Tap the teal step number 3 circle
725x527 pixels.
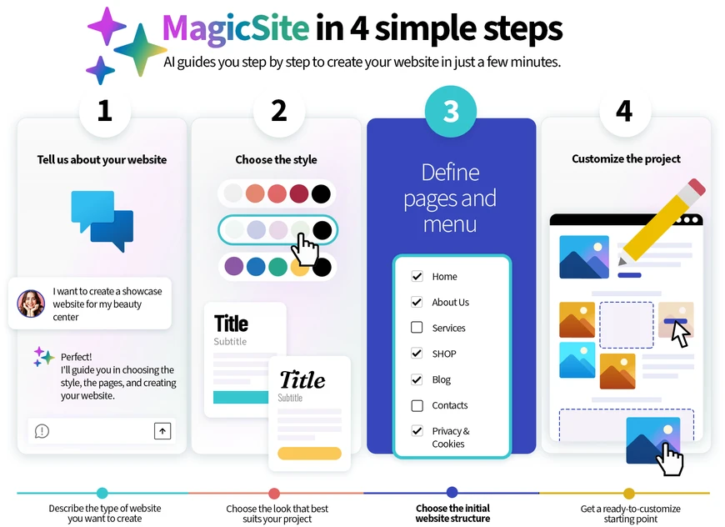[x=450, y=111]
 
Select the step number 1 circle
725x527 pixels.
[x=105, y=111]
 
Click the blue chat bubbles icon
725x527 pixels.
[x=102, y=221]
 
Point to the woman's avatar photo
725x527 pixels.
[x=31, y=304]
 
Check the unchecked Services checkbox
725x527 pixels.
[x=417, y=328]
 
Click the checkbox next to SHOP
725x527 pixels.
[x=417, y=354]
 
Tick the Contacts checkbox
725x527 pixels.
[x=417, y=405]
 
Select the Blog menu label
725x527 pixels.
[x=441, y=380]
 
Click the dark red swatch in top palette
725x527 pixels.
[x=298, y=193]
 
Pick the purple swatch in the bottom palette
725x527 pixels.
[x=234, y=267]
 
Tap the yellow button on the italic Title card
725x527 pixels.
[x=309, y=454]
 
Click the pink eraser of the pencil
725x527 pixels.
[x=697, y=188]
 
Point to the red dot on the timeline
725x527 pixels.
[x=274, y=493]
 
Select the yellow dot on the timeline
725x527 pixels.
[x=629, y=493]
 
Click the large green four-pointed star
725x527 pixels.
[x=141, y=50]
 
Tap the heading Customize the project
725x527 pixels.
[x=626, y=158]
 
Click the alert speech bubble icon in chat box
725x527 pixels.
[x=42, y=431]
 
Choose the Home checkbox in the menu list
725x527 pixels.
[x=417, y=276]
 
